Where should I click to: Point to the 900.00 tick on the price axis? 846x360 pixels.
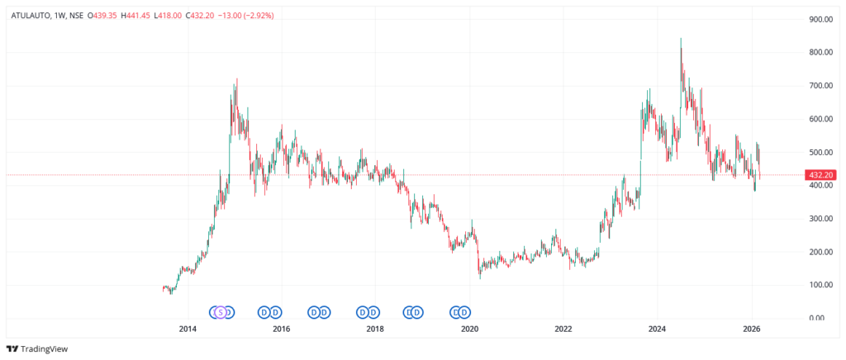pyautogui.click(x=820, y=19)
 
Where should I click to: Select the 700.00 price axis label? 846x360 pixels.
pyautogui.click(x=820, y=85)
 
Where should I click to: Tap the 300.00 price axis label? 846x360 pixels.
pyautogui.click(x=820, y=218)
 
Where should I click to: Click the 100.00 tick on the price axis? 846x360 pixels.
pyautogui.click(x=820, y=284)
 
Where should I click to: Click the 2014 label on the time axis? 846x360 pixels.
pyautogui.click(x=188, y=329)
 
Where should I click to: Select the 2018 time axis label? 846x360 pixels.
pyautogui.click(x=375, y=329)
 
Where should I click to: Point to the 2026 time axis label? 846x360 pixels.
pyautogui.click(x=751, y=329)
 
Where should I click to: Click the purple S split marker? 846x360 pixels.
pyautogui.click(x=220, y=311)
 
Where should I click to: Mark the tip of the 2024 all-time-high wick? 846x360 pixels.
pyautogui.click(x=681, y=38)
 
